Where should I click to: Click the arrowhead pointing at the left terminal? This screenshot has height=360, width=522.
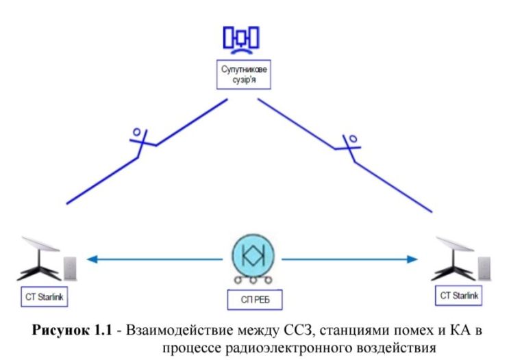click(90, 259)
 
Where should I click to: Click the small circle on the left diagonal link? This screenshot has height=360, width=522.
click(137, 131)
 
